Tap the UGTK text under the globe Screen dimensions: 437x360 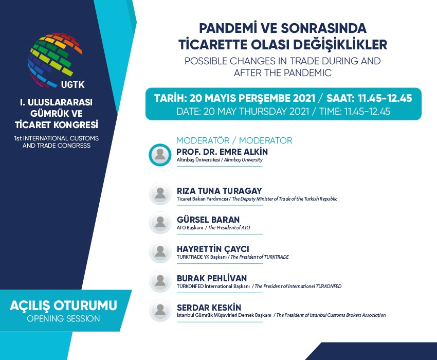72,84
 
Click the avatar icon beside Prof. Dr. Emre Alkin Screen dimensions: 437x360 160,155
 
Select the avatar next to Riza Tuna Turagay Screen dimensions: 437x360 160,194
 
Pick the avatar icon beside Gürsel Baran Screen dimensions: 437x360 160,223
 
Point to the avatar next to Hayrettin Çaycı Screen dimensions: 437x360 160,252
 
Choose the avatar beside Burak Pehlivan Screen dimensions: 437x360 160,281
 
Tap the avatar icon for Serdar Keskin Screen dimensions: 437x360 160,311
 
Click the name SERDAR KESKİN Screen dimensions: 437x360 209,308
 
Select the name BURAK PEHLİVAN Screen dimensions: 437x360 212,278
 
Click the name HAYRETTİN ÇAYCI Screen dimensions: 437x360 213,249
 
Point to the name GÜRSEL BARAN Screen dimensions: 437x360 208,220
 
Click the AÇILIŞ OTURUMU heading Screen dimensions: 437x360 64,305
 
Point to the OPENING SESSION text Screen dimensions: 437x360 63,318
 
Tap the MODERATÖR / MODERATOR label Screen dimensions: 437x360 234,140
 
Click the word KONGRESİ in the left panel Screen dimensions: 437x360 76,124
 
